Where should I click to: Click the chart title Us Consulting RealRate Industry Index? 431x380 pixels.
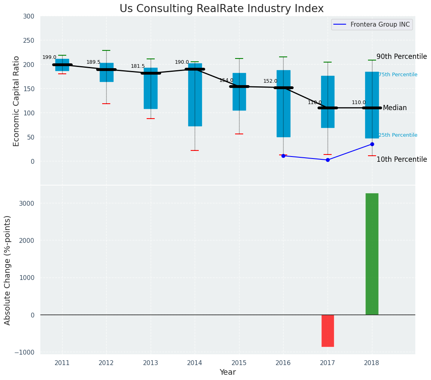pyautogui.click(x=221, y=9)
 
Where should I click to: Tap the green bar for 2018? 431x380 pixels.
pyautogui.click(x=372, y=254)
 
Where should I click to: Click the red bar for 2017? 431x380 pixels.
pyautogui.click(x=328, y=330)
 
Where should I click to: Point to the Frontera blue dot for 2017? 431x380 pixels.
pyautogui.click(x=328, y=160)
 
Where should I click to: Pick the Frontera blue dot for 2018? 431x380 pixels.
pyautogui.click(x=372, y=144)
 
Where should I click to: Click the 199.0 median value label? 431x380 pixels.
pyautogui.click(x=49, y=58)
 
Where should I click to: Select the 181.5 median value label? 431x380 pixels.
pyautogui.click(x=138, y=66)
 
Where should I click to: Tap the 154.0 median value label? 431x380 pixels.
pyautogui.click(x=226, y=81)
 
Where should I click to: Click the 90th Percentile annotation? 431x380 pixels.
pyautogui.click(x=402, y=57)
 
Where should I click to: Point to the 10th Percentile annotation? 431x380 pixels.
pyautogui.click(x=402, y=160)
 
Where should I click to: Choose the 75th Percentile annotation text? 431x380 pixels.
pyautogui.click(x=398, y=75)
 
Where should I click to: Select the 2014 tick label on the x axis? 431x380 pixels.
pyautogui.click(x=195, y=363)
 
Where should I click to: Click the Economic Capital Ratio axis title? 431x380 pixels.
pyautogui.click(x=17, y=101)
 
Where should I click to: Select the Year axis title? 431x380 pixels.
pyautogui.click(x=227, y=372)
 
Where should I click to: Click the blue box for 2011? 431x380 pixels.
pyautogui.click(x=62, y=65)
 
